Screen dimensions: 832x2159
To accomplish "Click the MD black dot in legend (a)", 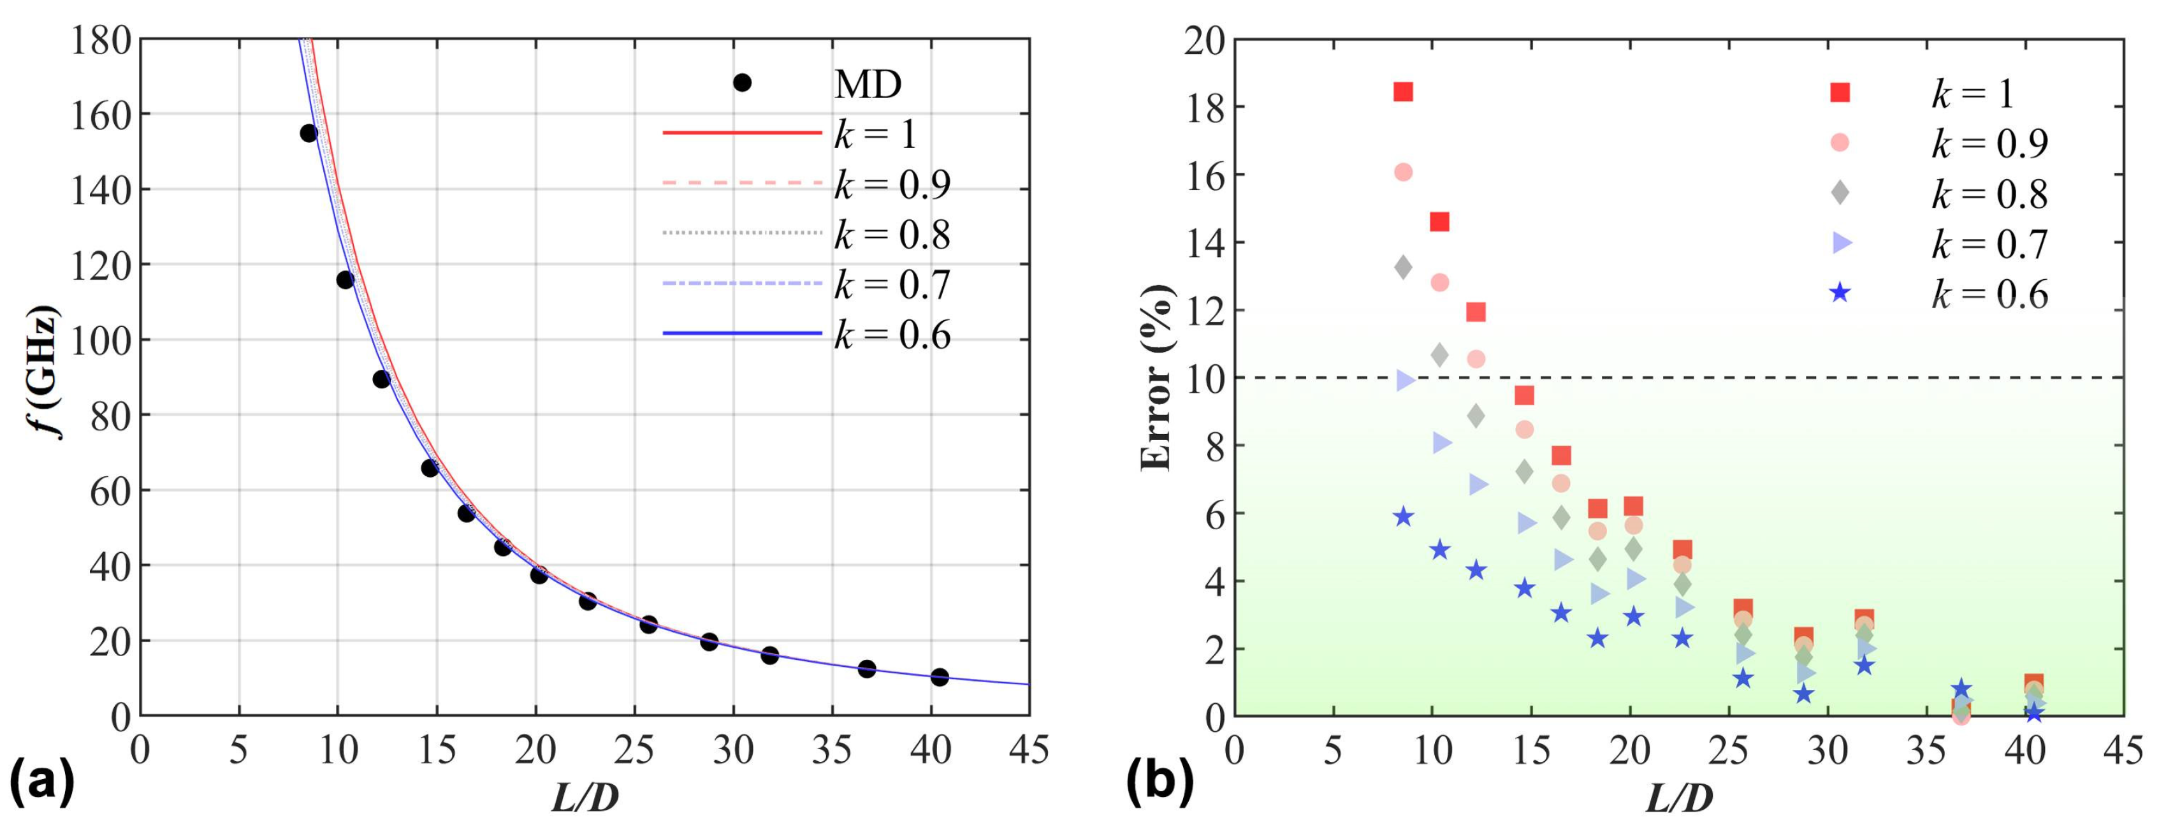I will click(x=742, y=82).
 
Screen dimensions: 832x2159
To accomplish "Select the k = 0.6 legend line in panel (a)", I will click(x=742, y=333).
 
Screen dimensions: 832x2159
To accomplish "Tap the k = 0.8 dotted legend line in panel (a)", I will click(x=742, y=232).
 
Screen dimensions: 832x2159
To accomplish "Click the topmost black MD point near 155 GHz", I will click(x=309, y=133).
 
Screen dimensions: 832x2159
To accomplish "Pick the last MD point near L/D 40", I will click(x=940, y=677).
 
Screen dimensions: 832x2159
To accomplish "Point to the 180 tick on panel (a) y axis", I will click(x=101, y=40).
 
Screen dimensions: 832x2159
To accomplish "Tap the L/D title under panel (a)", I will click(x=585, y=798).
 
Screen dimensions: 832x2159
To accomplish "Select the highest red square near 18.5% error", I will click(x=1403, y=91).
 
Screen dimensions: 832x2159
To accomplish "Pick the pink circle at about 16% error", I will click(x=1403, y=172).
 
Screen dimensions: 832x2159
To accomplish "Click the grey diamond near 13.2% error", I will click(x=1403, y=267).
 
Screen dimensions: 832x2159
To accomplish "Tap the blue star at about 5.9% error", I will click(x=1404, y=517).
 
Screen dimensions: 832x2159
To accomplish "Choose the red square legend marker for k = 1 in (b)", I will click(x=1840, y=92).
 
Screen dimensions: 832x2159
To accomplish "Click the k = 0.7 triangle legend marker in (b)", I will click(x=1840, y=243).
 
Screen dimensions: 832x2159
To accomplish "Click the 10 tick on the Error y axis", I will click(x=1203, y=379).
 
